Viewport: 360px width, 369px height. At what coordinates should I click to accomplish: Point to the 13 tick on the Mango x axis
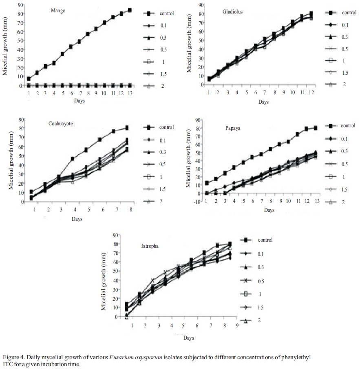pyautogui.click(x=130, y=93)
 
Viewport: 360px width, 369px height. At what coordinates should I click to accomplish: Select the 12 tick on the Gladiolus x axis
pyautogui.click(x=311, y=93)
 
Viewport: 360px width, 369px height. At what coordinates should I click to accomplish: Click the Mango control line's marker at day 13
pyautogui.click(x=130, y=10)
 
